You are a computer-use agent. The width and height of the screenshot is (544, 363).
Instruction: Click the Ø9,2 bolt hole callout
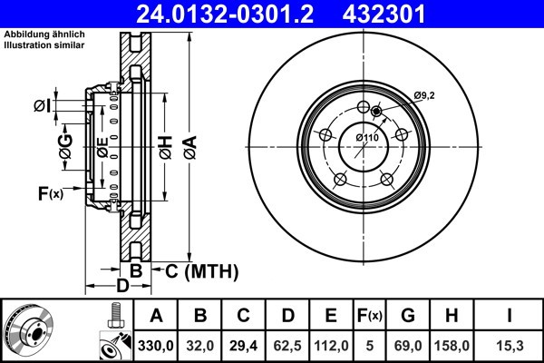point(425,95)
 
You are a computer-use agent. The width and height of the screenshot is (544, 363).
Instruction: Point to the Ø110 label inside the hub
point(366,136)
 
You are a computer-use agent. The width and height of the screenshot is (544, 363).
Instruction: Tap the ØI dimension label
point(42,107)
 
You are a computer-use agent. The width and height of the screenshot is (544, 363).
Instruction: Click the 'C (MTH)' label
point(200,270)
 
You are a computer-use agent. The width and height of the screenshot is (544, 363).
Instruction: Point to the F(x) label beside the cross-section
point(50,192)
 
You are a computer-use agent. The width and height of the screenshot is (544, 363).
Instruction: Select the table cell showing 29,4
point(245,345)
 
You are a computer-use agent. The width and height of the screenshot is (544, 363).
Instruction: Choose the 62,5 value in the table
point(288,345)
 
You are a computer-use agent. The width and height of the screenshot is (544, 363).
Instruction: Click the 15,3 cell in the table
point(510,345)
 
